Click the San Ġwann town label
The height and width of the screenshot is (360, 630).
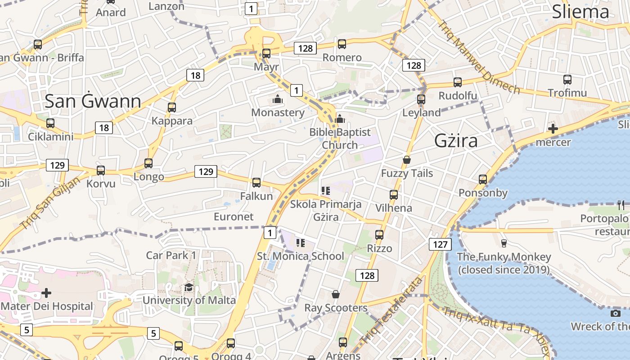[93, 102]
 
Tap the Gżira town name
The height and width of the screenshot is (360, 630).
[456, 141]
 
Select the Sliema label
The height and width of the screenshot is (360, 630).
[580, 12]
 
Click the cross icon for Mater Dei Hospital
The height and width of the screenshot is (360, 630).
[46, 293]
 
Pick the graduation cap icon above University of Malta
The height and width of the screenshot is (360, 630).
[189, 287]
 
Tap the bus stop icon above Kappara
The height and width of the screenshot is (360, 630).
[171, 108]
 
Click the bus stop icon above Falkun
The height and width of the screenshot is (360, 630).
[256, 182]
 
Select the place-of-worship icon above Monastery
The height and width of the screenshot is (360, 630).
[278, 99]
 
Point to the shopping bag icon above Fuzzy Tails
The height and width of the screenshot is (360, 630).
[407, 160]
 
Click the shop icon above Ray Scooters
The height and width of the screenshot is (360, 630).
[336, 294]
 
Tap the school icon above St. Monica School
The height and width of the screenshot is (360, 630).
[300, 243]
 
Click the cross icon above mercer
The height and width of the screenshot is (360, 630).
[553, 129]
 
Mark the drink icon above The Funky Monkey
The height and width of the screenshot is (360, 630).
[504, 243]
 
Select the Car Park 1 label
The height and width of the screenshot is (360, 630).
[171, 256]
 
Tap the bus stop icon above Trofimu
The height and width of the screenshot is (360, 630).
[567, 80]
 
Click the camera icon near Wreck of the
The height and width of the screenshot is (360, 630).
[616, 313]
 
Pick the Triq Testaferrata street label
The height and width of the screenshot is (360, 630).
[393, 310]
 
